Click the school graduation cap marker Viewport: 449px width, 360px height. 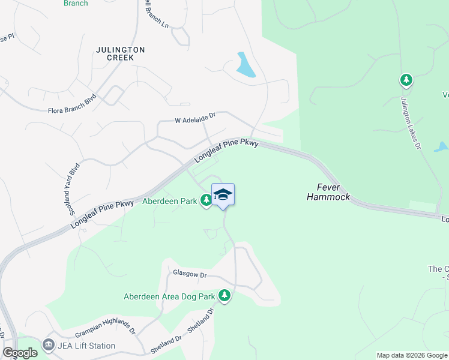tap(223, 194)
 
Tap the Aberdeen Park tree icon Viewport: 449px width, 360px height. tap(206, 200)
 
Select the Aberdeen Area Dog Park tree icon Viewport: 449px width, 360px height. tap(224, 296)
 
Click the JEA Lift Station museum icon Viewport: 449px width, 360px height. tap(48, 346)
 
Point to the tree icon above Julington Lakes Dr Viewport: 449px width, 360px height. tap(406, 80)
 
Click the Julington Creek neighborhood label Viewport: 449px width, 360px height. tap(120, 53)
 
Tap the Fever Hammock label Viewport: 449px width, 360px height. tap(328, 192)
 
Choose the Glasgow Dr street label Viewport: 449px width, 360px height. tap(190, 274)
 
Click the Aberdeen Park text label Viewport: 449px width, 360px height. tap(170, 202)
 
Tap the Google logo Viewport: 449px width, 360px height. tap(20, 353)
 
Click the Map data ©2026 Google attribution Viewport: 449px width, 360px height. tap(412, 355)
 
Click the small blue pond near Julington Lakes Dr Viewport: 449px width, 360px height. tap(441, 146)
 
